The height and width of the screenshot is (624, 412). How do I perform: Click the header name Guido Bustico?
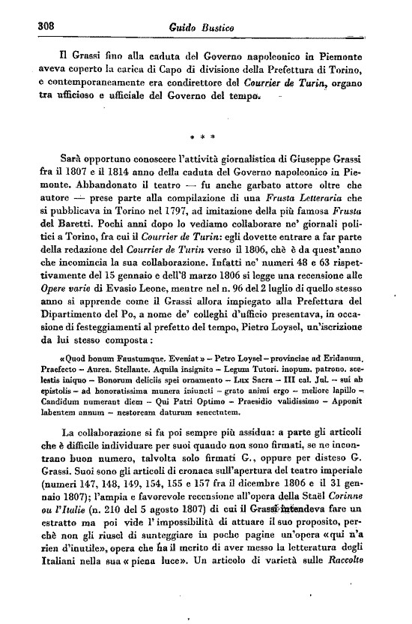198,27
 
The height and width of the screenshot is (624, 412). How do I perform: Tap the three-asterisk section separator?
203,137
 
